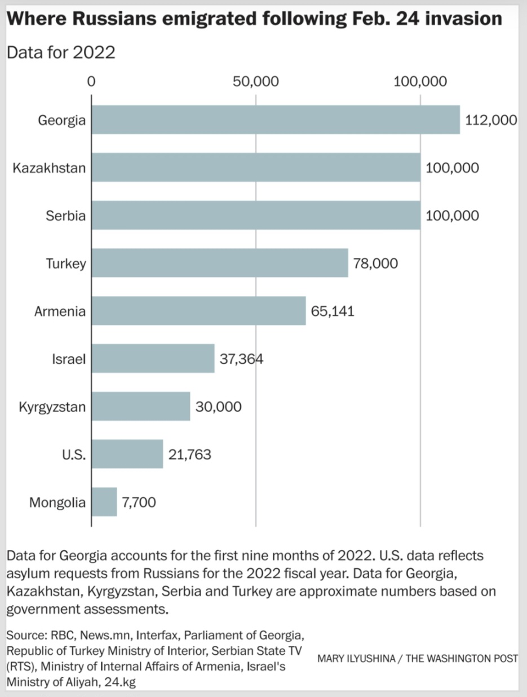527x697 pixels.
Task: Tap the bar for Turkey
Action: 219,263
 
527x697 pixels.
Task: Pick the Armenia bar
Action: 198,311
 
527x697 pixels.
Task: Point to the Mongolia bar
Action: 104,502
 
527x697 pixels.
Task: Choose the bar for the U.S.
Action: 127,454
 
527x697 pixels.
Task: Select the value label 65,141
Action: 333,311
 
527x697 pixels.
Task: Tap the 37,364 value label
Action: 241,359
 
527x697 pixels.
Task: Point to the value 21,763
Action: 189,454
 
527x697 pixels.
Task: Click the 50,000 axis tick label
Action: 255,82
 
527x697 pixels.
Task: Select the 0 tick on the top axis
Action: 91,82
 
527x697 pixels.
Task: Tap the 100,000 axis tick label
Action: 420,82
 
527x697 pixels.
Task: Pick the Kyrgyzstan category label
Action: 52,406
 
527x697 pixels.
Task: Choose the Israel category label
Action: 69,359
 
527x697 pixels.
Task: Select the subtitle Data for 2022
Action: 61,52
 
